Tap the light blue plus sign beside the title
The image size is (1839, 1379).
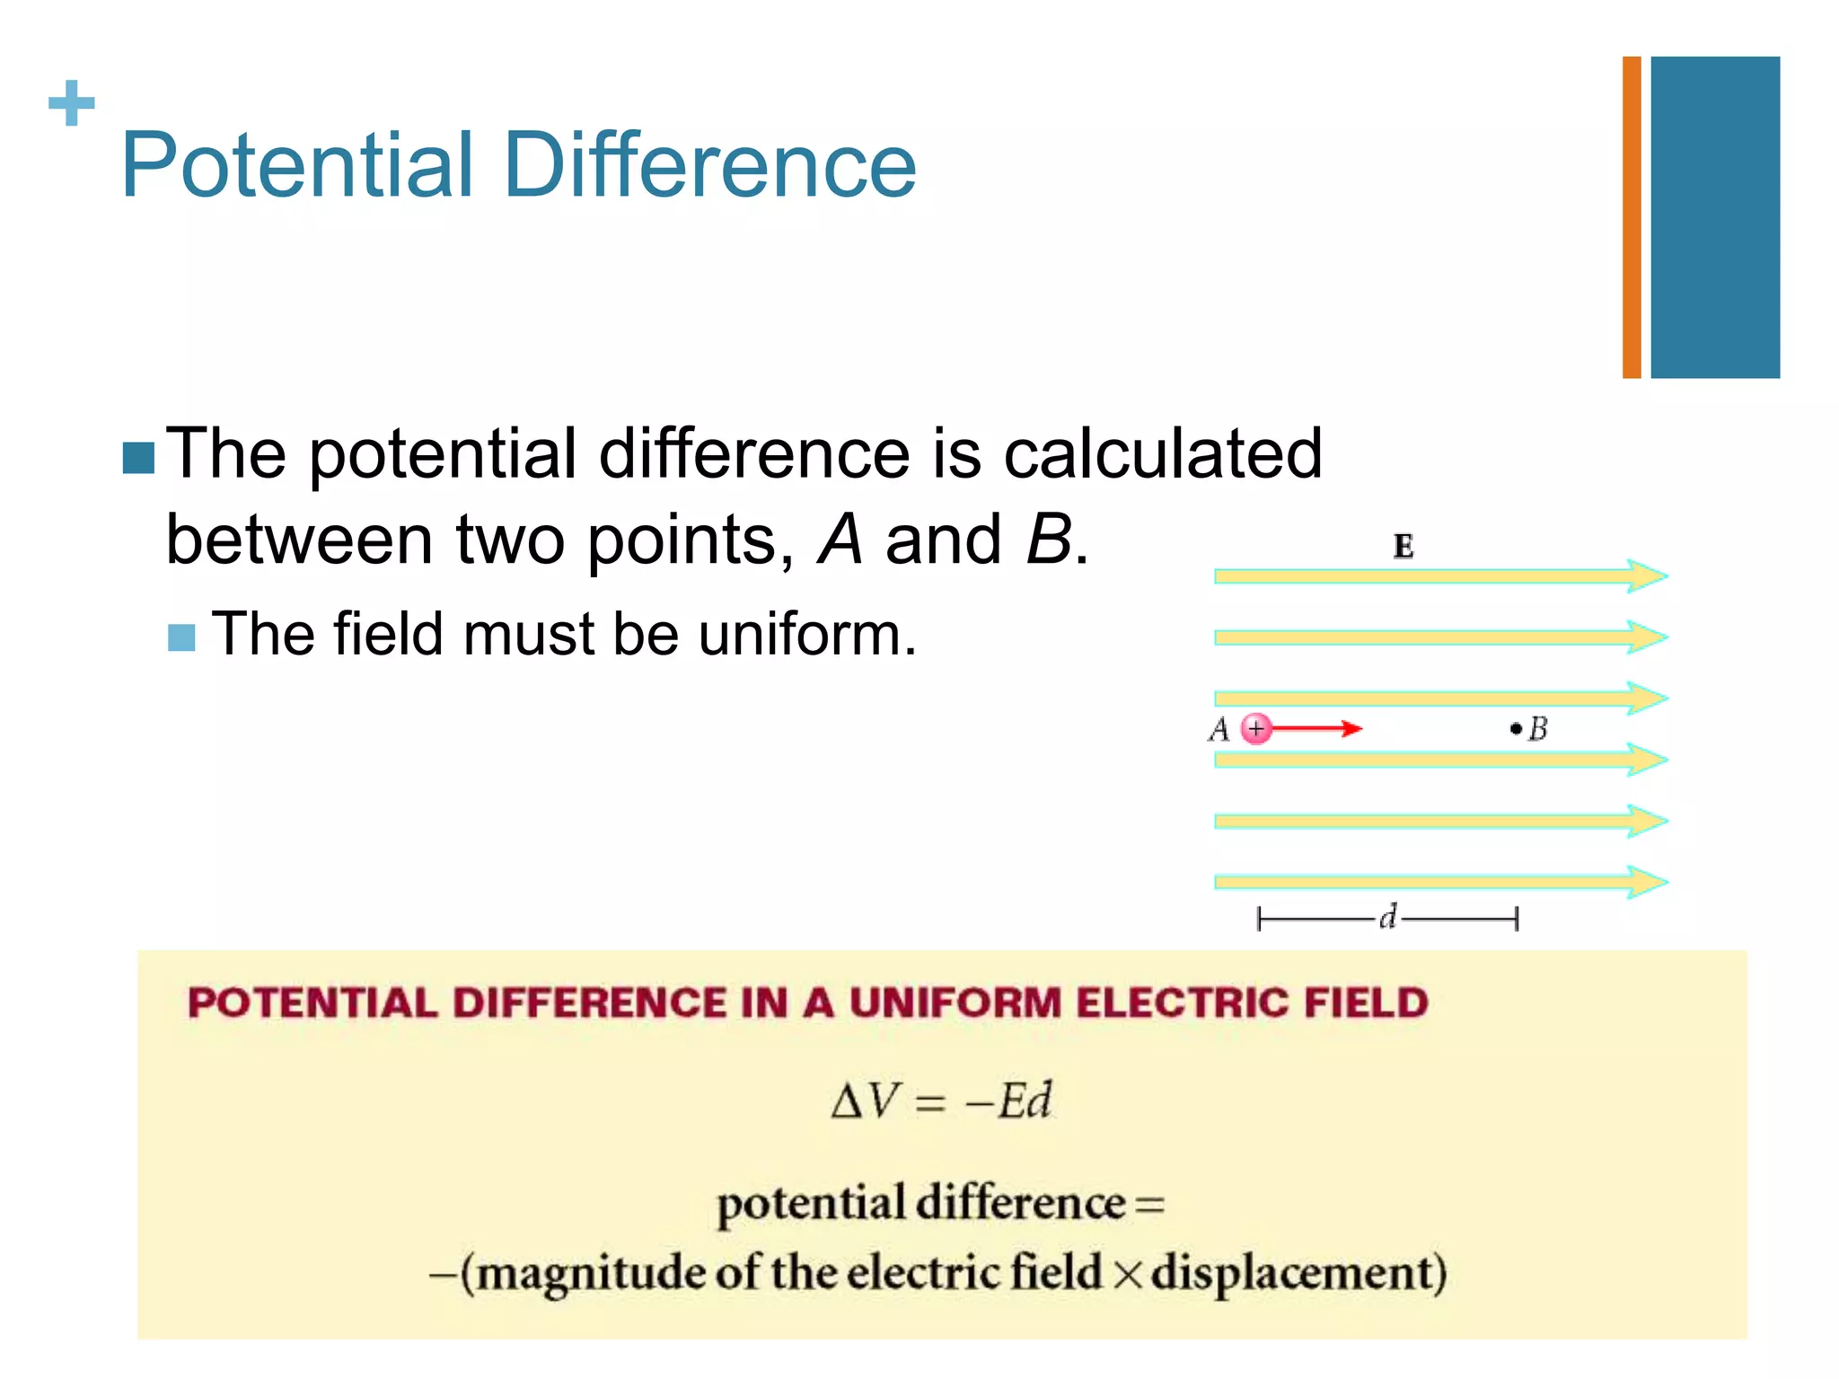(x=71, y=103)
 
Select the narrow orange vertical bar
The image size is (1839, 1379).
(x=1631, y=217)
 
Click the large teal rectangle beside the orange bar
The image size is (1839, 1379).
(x=1714, y=217)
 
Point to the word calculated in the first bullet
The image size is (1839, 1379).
(x=1162, y=453)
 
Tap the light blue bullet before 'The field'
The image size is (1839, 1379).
(x=181, y=637)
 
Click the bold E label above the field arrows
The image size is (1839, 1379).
(x=1403, y=546)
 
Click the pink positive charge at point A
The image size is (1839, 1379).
(x=1256, y=728)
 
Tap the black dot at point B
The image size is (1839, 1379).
(x=1516, y=728)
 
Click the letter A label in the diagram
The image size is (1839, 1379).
(x=1219, y=729)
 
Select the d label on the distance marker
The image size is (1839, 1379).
(x=1388, y=917)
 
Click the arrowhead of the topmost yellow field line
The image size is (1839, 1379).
(x=1649, y=575)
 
